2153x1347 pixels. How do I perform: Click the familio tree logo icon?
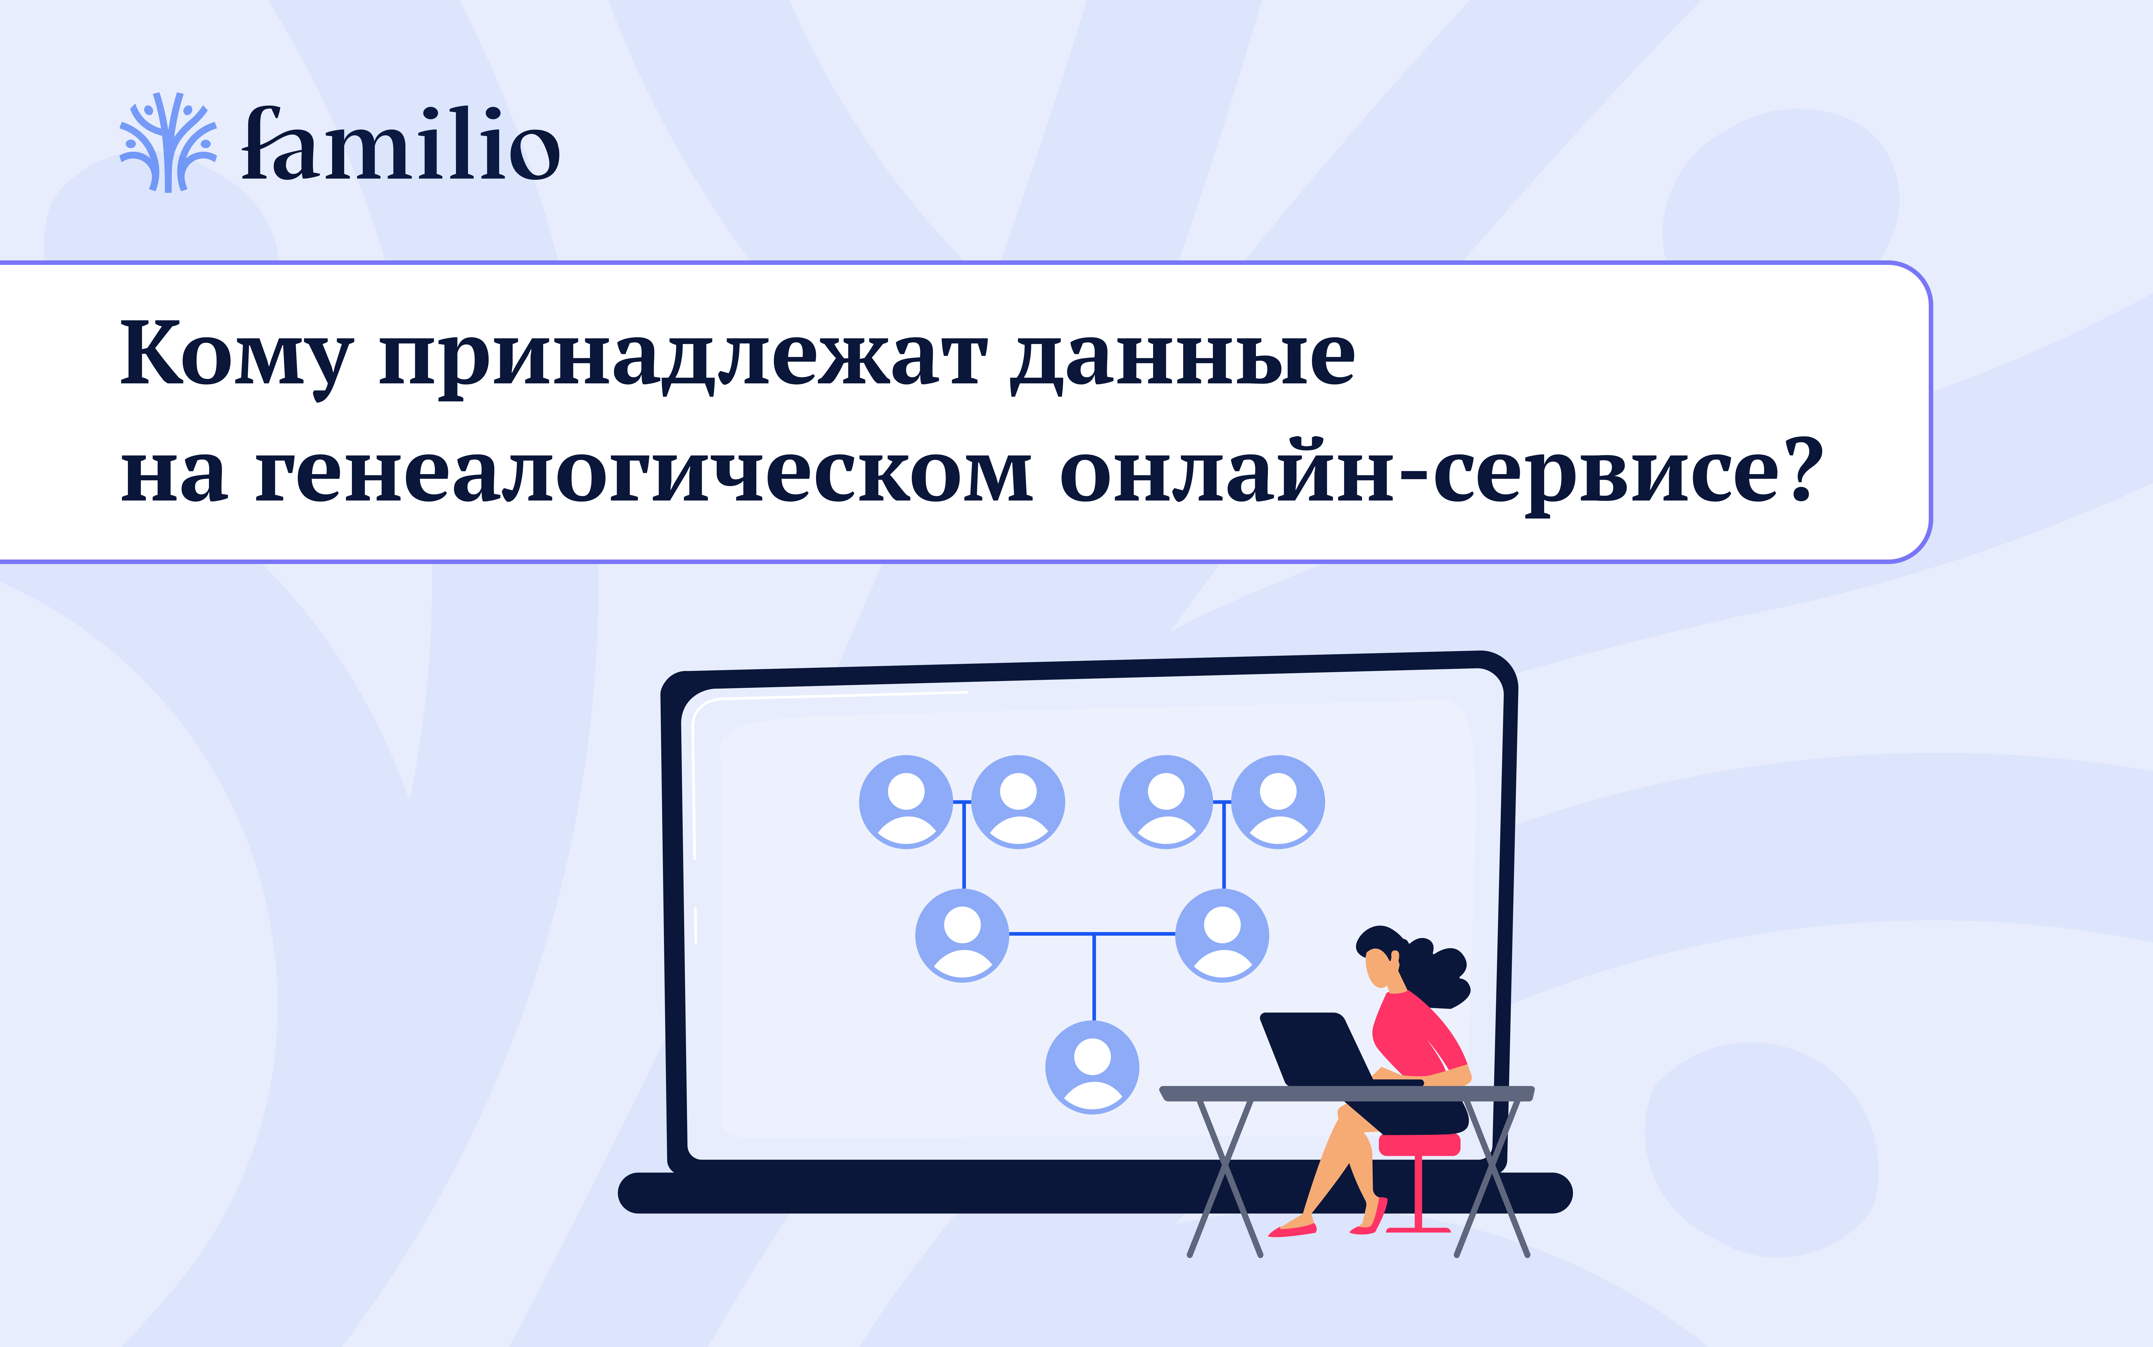coord(168,143)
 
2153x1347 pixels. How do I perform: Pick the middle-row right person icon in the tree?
coord(1222,935)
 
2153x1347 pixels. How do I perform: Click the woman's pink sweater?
coord(1416,1033)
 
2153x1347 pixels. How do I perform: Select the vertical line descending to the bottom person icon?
coord(1093,977)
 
